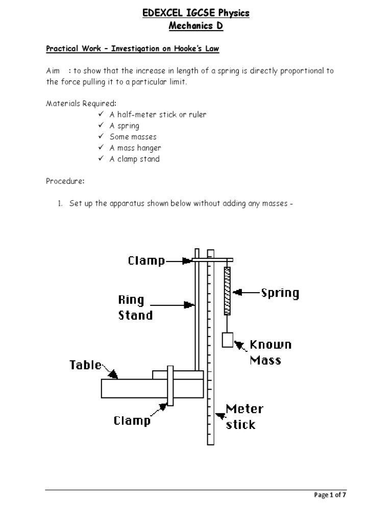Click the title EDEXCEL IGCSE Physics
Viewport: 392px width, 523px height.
[196, 13]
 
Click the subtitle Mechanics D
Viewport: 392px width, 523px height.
[196, 27]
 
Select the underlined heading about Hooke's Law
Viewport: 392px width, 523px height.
[133, 49]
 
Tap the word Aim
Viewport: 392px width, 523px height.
[53, 71]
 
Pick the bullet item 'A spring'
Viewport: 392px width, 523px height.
[124, 126]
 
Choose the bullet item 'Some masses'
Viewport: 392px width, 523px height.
[133, 137]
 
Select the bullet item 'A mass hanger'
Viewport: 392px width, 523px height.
[135, 148]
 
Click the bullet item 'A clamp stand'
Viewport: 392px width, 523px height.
[134, 159]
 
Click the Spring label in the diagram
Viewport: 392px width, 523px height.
[280, 293]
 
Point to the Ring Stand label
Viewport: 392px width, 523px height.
[135, 307]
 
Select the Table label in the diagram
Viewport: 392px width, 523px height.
[86, 366]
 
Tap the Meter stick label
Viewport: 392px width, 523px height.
[244, 416]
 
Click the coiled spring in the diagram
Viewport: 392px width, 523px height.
[227, 291]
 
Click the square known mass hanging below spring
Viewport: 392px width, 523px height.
[228, 340]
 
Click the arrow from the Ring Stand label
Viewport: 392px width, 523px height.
[174, 305]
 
